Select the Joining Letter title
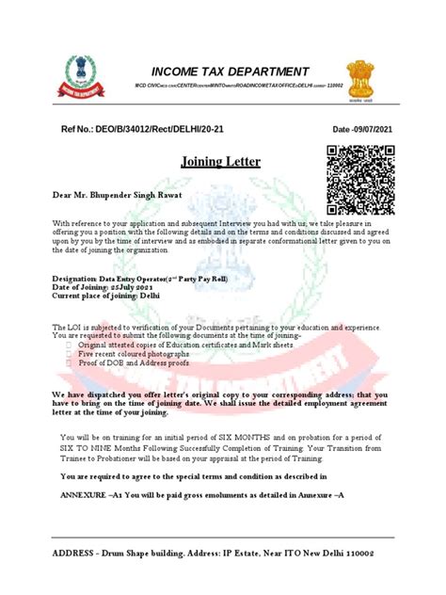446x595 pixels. (222, 161)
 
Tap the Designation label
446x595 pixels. (74, 279)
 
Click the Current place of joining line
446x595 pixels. (105, 296)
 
